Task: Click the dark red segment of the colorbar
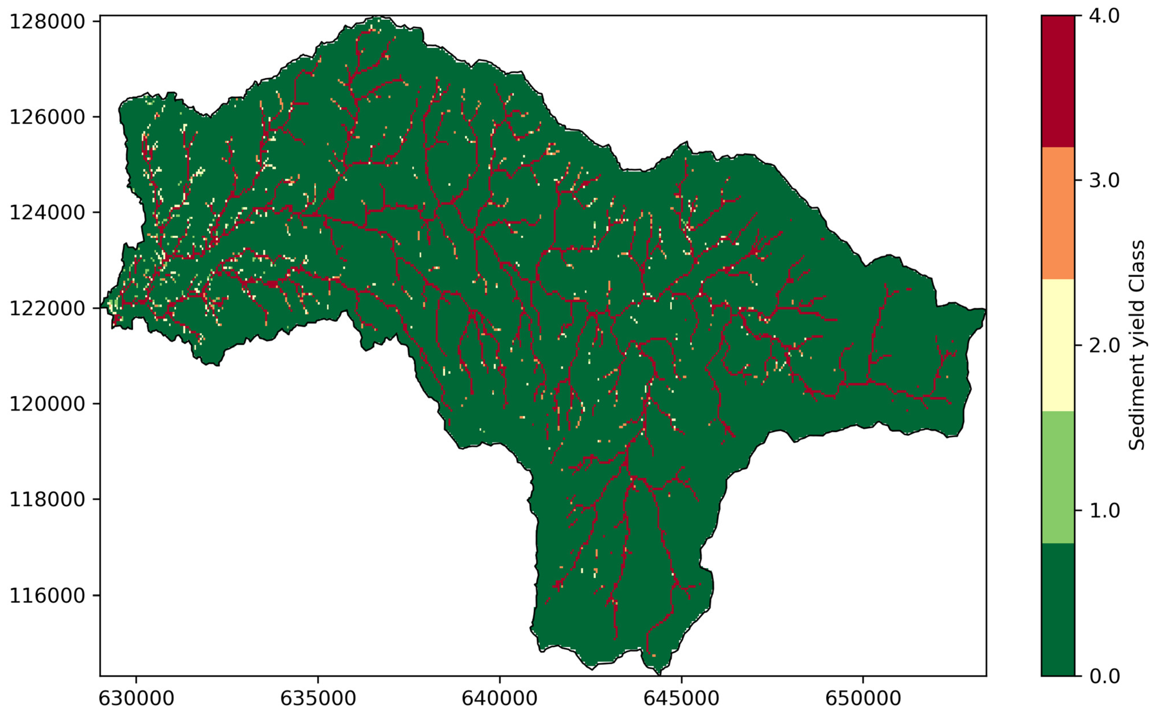coord(1058,81)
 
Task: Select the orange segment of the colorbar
coord(1058,213)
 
